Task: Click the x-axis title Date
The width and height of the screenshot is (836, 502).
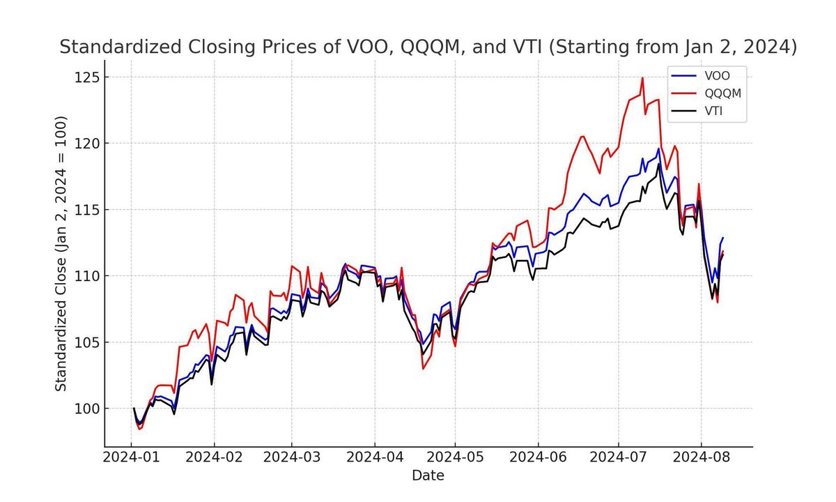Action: (x=428, y=476)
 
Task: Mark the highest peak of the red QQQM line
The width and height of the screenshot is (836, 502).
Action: (x=642, y=77)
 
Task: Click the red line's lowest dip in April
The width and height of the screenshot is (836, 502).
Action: (x=423, y=368)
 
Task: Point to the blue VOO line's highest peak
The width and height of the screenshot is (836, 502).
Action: (x=658, y=148)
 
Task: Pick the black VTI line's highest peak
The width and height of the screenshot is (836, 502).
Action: (x=659, y=164)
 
